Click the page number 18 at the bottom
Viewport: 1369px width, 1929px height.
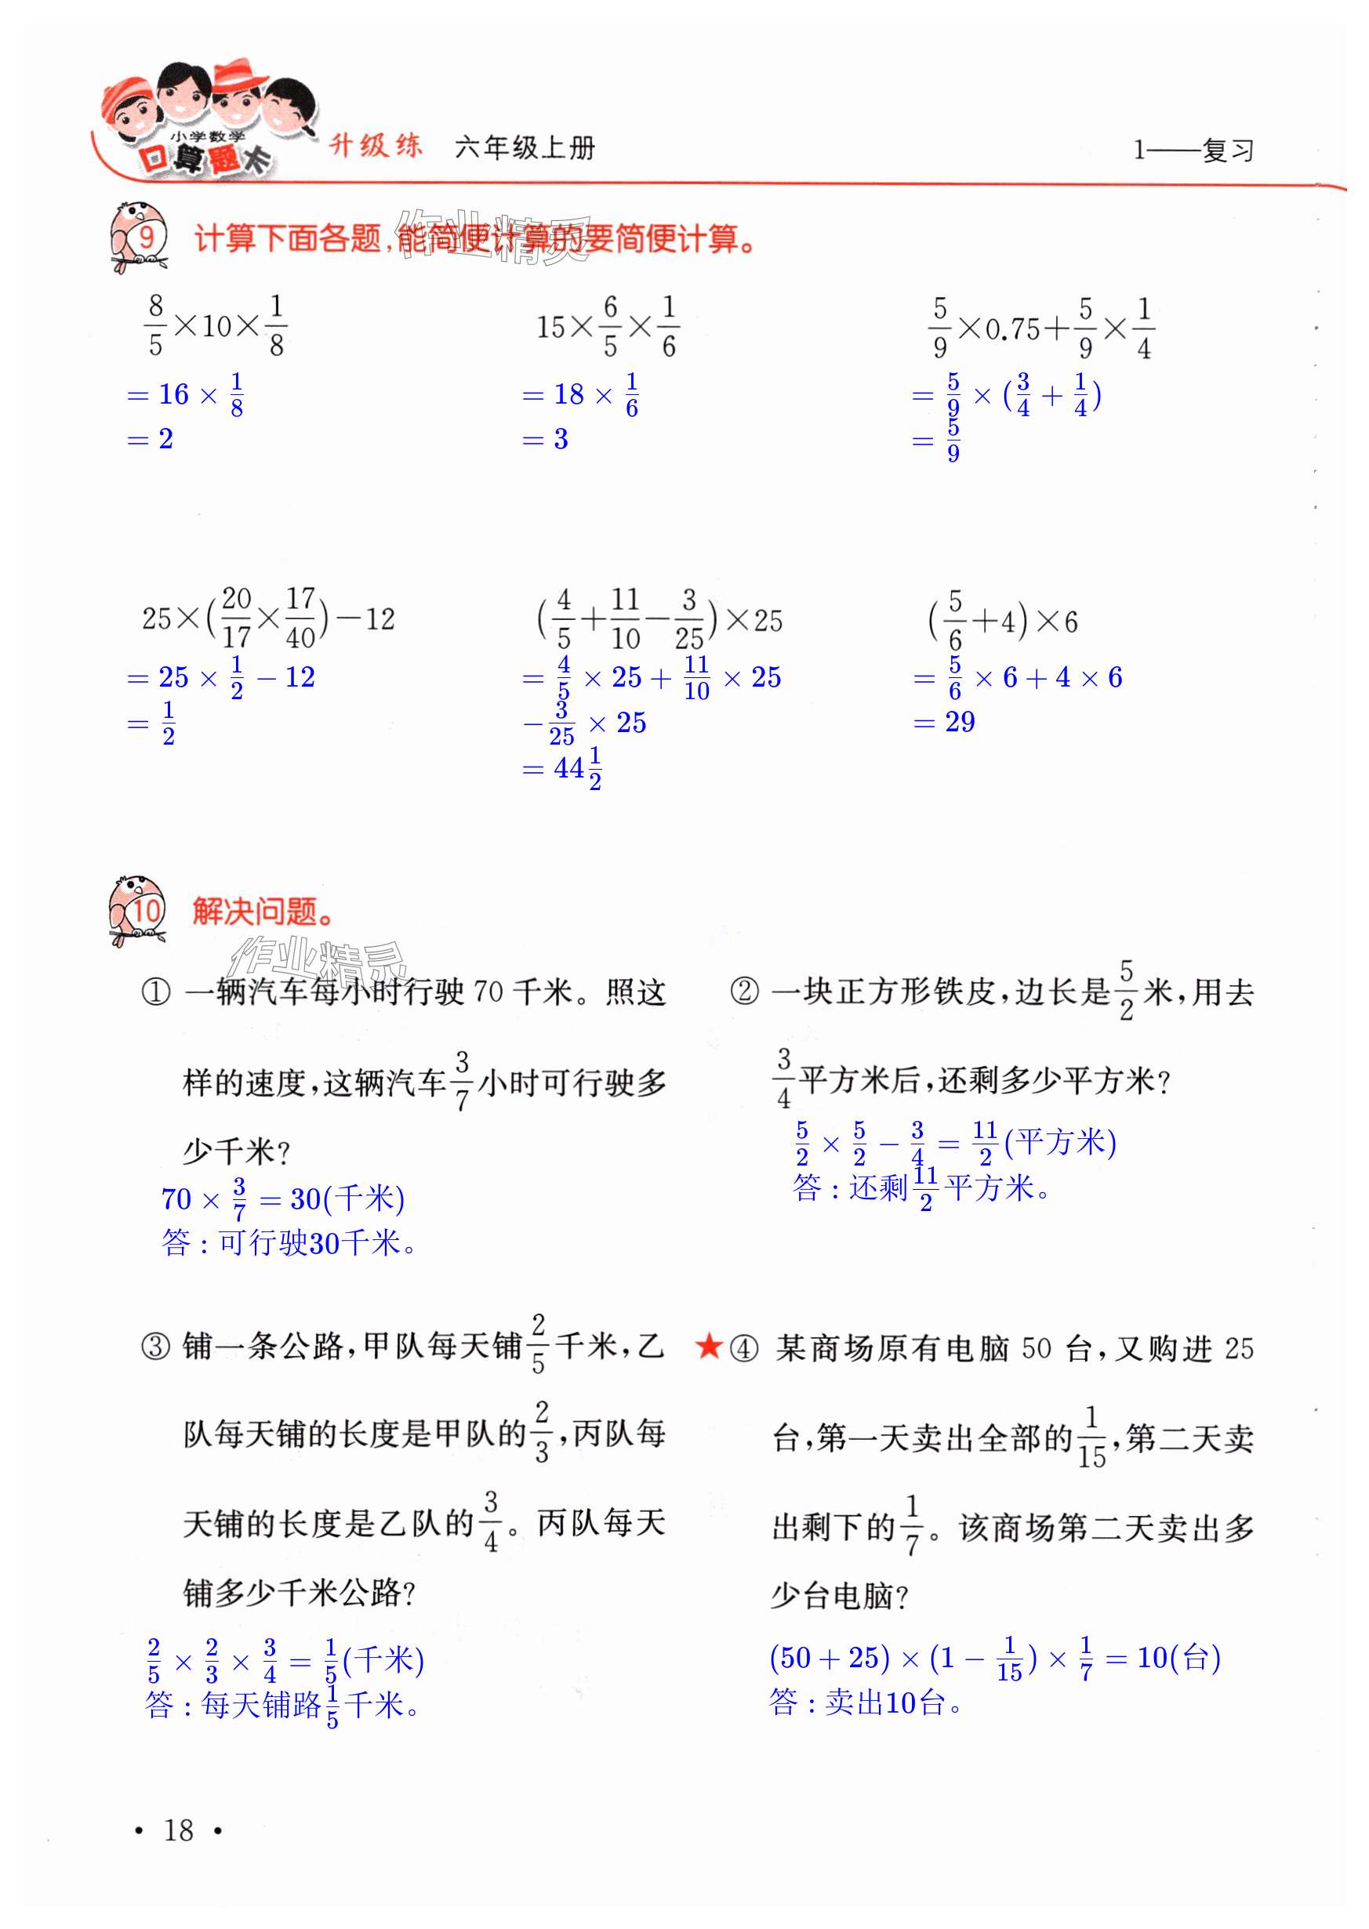(x=178, y=1829)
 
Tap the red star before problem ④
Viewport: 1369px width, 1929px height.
(x=708, y=1346)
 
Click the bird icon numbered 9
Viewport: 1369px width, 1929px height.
(x=138, y=237)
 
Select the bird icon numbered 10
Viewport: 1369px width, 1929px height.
(x=137, y=909)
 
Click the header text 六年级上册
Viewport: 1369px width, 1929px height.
(x=525, y=148)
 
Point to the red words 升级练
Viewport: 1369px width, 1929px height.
(x=375, y=146)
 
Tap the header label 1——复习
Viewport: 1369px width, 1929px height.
(x=1193, y=150)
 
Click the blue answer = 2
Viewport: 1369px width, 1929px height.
(x=150, y=439)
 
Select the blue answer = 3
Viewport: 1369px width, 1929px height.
(x=546, y=439)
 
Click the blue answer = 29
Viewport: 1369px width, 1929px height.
(x=944, y=722)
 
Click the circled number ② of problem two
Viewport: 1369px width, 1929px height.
(x=743, y=992)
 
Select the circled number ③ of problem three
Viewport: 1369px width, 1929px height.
(x=155, y=1347)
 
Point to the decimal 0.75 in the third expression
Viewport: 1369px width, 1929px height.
(x=1012, y=329)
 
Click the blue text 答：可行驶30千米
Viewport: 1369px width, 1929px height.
(x=289, y=1242)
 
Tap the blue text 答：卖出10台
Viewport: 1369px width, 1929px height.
(x=865, y=1702)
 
